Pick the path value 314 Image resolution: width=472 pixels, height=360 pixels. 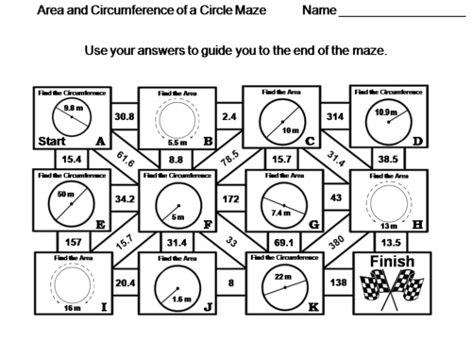332,116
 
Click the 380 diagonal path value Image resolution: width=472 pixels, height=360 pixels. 335,240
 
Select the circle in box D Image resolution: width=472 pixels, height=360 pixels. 387,115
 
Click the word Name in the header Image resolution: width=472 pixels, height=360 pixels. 321,12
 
